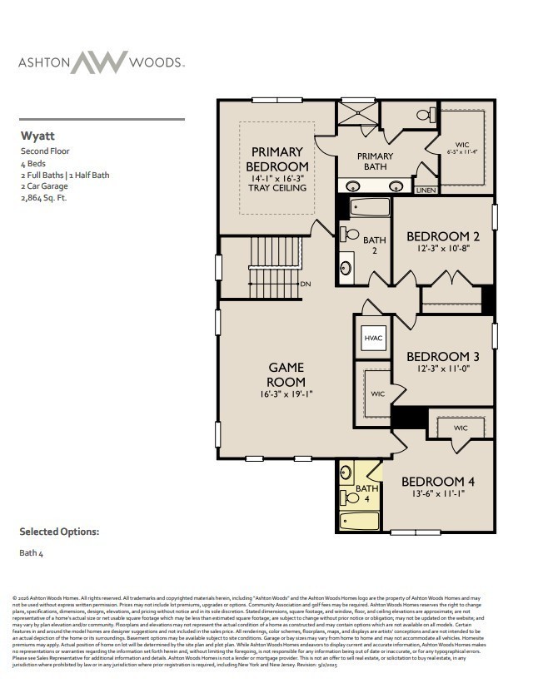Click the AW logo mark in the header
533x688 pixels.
98,62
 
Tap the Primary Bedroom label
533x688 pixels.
277,159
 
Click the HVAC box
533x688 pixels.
373,338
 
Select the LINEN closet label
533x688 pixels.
425,190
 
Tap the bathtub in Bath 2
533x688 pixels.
366,207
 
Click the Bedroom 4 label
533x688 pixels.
438,482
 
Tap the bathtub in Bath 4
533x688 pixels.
359,522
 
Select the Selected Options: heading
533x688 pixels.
59,532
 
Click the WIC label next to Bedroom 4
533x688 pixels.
461,428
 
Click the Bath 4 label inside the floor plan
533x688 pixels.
367,493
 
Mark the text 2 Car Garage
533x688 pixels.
42,187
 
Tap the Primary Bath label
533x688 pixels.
375,161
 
